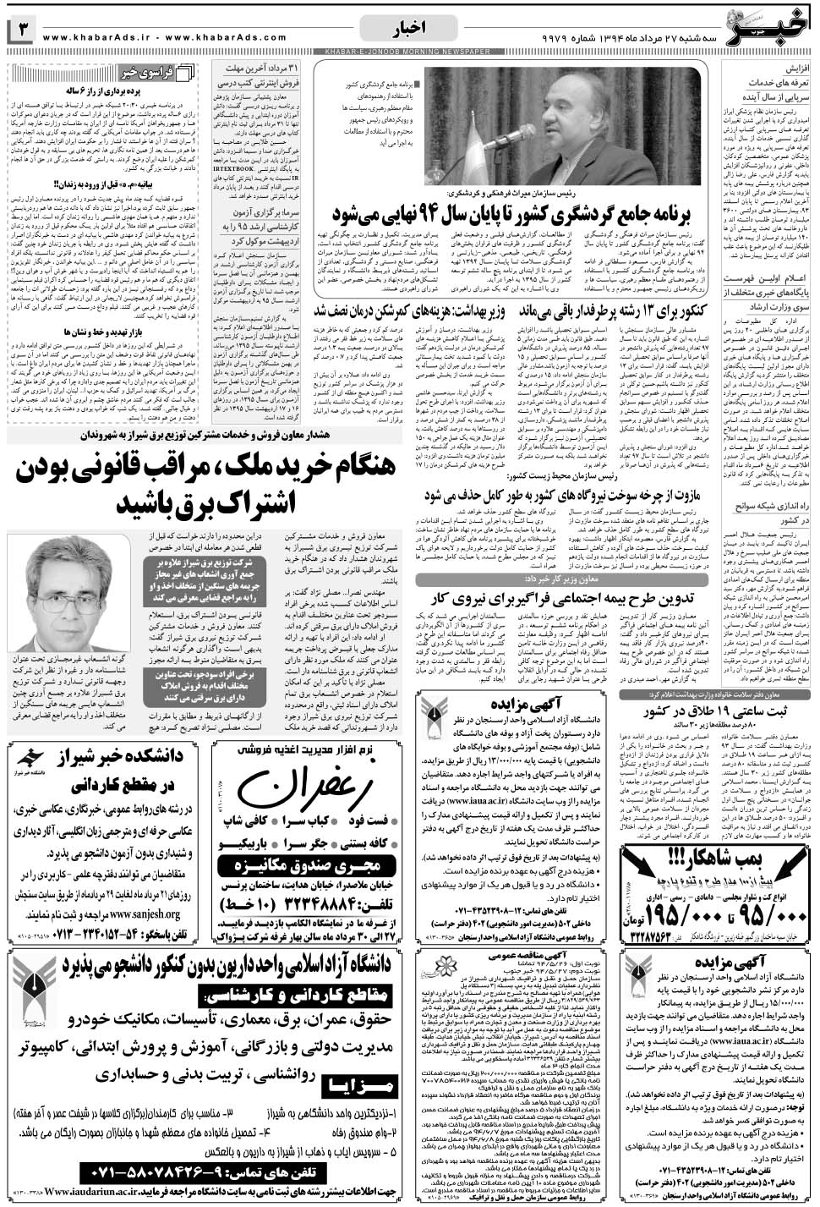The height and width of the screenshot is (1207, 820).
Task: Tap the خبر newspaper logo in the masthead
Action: point(774,25)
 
